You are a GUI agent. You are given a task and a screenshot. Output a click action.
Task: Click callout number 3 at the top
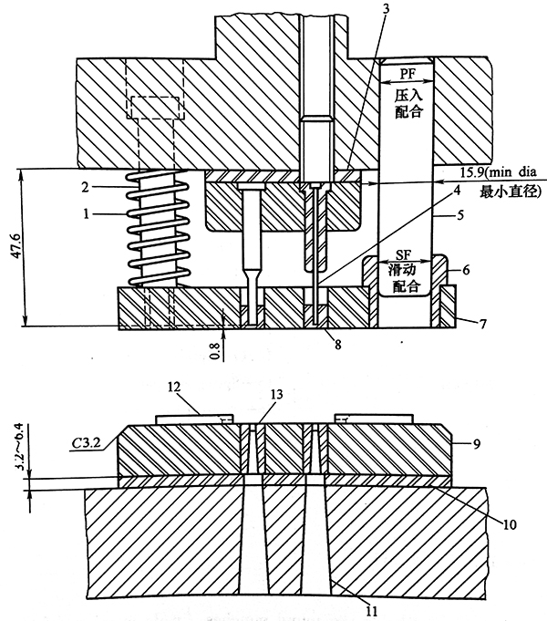pyautogui.click(x=386, y=9)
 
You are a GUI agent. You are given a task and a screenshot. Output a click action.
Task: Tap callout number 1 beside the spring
pyautogui.click(x=87, y=214)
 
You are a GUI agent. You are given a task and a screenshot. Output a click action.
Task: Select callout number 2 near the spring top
pyautogui.click(x=86, y=187)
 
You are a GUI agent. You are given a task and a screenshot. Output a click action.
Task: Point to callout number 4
pyautogui.click(x=457, y=190)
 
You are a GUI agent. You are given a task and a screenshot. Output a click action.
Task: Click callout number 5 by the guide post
pyautogui.click(x=459, y=215)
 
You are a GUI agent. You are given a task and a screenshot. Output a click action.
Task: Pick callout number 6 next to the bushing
pyautogui.click(x=466, y=270)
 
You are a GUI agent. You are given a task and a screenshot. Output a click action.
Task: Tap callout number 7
pyautogui.click(x=482, y=324)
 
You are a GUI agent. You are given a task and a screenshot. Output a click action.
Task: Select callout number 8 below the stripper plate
pyautogui.click(x=337, y=345)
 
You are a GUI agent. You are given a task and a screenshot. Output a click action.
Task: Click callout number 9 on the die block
pyautogui.click(x=477, y=444)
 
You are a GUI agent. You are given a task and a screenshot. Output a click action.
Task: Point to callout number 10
pyautogui.click(x=510, y=524)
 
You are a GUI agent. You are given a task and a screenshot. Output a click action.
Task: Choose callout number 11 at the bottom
pyautogui.click(x=371, y=611)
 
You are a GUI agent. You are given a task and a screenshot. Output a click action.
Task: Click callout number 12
pyautogui.click(x=173, y=387)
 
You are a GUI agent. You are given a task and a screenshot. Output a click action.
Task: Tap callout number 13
pyautogui.click(x=276, y=394)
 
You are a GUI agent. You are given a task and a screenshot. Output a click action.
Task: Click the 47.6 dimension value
pyautogui.click(x=17, y=246)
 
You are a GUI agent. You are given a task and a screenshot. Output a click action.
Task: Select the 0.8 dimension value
pyautogui.click(x=215, y=351)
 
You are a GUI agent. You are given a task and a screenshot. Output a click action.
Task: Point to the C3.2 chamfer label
pyautogui.click(x=86, y=443)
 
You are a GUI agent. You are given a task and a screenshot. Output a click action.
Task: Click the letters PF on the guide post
pyautogui.click(x=407, y=74)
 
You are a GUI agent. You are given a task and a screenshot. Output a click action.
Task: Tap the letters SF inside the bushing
pyautogui.click(x=403, y=255)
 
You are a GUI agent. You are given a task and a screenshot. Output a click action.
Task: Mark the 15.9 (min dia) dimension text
pyautogui.click(x=498, y=172)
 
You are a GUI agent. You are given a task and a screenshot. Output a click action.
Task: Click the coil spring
pyautogui.click(x=157, y=228)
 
